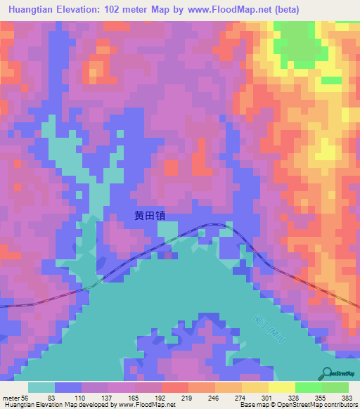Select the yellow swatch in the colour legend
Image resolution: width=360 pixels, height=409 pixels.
tap(281, 387)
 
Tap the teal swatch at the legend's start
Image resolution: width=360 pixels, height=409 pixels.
tap(41, 387)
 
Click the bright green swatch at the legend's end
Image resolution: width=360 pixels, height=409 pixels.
tap(335, 387)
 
